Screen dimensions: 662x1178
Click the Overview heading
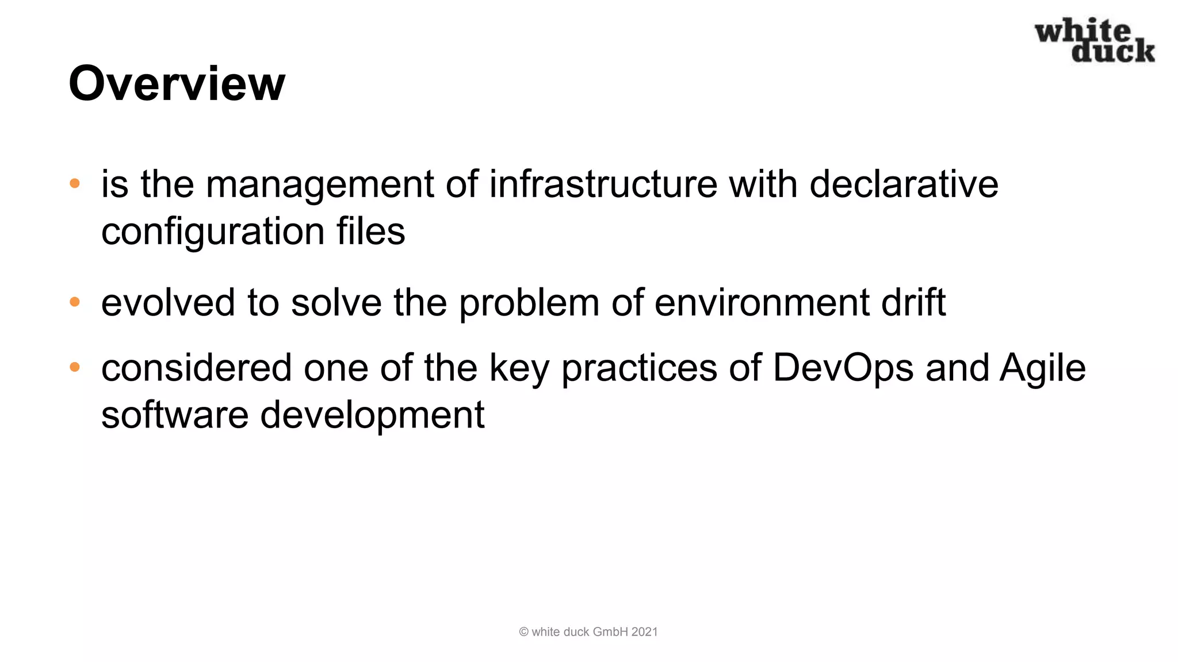coord(177,84)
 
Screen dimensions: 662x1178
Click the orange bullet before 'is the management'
coord(75,184)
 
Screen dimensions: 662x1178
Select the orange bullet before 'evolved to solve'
coord(75,302)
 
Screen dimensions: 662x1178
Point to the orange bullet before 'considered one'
coord(75,367)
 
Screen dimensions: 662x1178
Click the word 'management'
coord(319,185)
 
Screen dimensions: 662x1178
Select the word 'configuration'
coord(213,232)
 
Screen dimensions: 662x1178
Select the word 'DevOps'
coord(843,368)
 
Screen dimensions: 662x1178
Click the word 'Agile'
coord(1043,368)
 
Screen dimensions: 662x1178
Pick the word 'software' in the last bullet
coord(175,414)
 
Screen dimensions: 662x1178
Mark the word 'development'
coord(372,415)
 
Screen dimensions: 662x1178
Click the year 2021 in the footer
coord(644,632)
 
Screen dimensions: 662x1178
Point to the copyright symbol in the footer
coord(523,632)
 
